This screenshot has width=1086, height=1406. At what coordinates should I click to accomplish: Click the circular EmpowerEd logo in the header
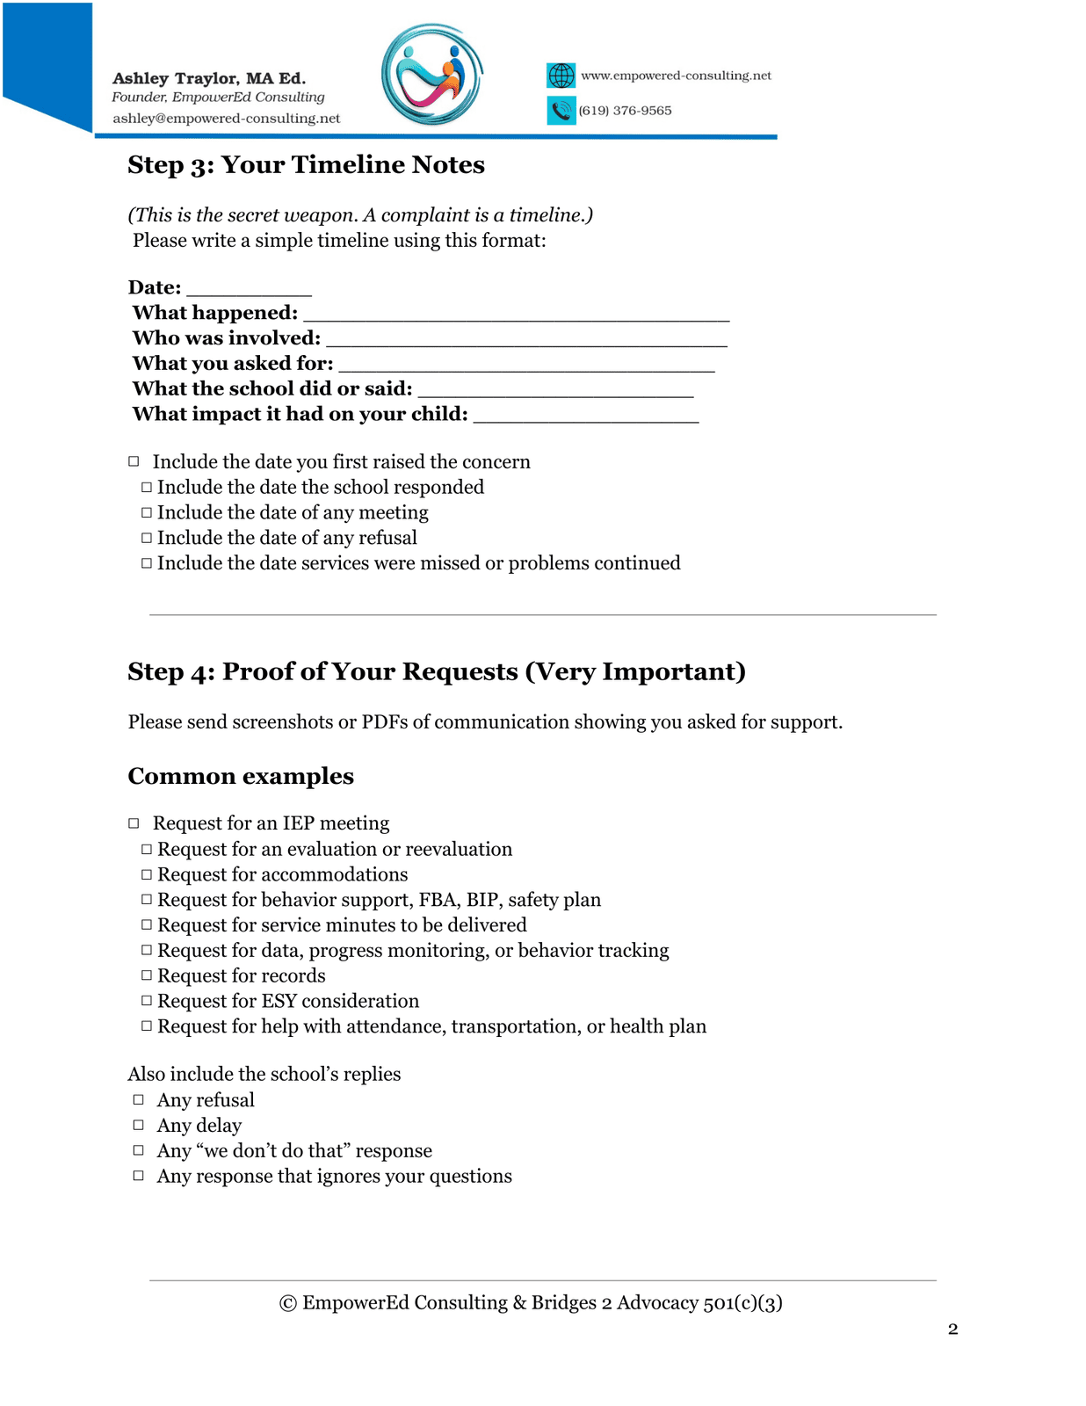pyautogui.click(x=432, y=76)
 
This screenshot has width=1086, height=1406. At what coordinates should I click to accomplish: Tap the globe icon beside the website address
pyautogui.click(x=561, y=76)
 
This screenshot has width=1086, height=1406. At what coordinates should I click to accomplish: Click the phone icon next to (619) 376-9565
pyautogui.click(x=561, y=111)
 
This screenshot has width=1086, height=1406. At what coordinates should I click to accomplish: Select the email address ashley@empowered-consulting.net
pyautogui.click(x=226, y=119)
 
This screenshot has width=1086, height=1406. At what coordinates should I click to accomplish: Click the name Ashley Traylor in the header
pyautogui.click(x=175, y=78)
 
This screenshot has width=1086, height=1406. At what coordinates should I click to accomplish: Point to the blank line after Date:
pyautogui.click(x=249, y=290)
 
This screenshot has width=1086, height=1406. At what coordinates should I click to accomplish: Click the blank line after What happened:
pyautogui.click(x=516, y=315)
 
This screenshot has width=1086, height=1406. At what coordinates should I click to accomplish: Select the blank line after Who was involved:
pyautogui.click(x=525, y=341)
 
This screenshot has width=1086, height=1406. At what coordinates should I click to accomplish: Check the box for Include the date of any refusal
pyautogui.click(x=147, y=538)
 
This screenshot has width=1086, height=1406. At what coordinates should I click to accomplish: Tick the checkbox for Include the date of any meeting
pyautogui.click(x=147, y=512)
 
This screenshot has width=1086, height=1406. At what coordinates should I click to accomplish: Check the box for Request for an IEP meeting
pyautogui.click(x=134, y=823)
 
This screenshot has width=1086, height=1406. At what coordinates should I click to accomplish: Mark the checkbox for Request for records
pyautogui.click(x=147, y=975)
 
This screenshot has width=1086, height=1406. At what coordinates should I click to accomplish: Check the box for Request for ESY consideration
pyautogui.click(x=147, y=1001)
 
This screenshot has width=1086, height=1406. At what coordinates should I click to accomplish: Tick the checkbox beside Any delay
pyautogui.click(x=138, y=1125)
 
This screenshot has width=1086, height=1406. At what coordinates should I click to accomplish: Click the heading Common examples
pyautogui.click(x=241, y=776)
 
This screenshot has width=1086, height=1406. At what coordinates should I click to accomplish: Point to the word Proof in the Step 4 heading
pyautogui.click(x=257, y=671)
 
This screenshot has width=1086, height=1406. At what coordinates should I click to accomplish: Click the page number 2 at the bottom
pyautogui.click(x=952, y=1329)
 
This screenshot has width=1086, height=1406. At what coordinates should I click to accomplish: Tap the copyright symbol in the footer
pyautogui.click(x=287, y=1303)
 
